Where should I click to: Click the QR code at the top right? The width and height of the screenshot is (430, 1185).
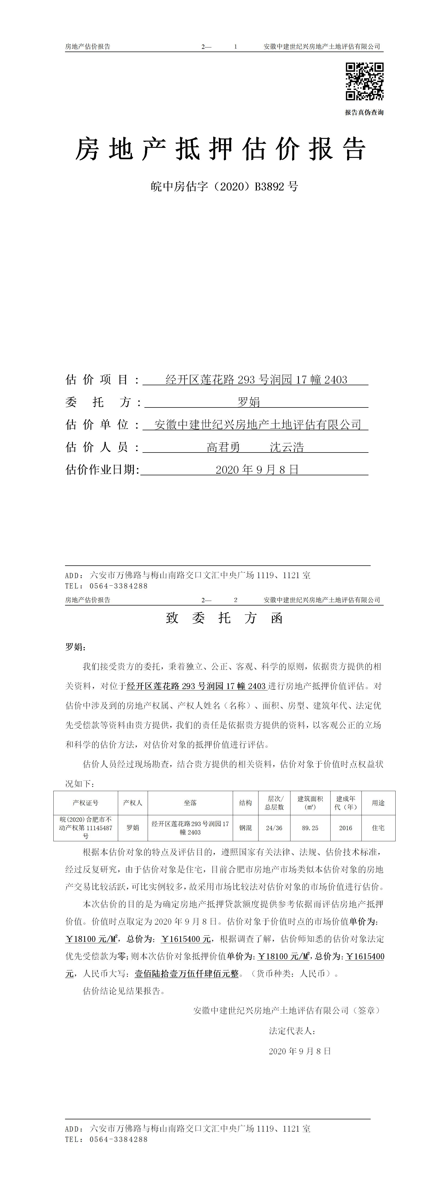tap(364, 81)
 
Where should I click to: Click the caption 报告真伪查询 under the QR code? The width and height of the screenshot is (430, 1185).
tap(364, 113)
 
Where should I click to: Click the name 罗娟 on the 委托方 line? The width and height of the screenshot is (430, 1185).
tap(248, 402)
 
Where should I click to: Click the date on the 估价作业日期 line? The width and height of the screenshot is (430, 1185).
tap(257, 470)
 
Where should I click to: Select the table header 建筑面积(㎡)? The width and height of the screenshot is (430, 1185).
tap(310, 803)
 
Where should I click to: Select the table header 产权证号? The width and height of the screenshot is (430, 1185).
tap(85, 803)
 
